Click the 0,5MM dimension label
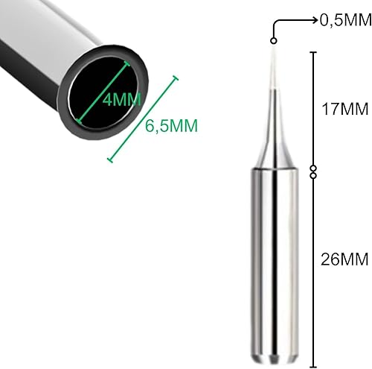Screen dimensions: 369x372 coord(344,20)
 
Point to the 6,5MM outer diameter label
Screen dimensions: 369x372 coord(172,126)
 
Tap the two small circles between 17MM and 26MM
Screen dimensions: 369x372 coord(313,171)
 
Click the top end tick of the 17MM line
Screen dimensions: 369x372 coord(313,51)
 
